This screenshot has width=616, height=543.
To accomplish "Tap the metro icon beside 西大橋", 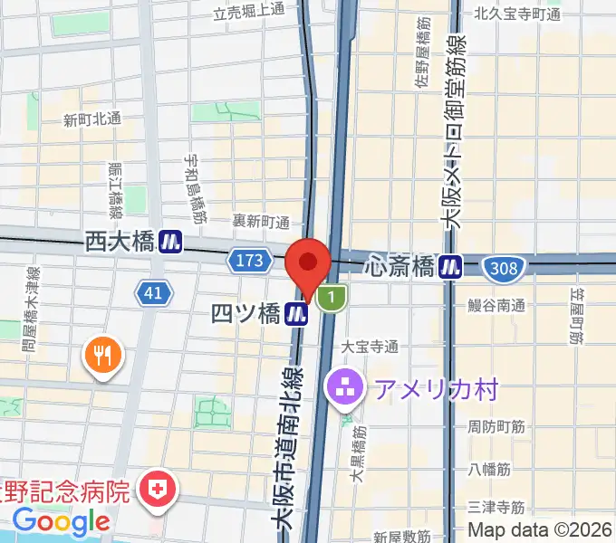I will [x=169, y=242].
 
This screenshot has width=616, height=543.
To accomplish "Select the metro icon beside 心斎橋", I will [x=450, y=266].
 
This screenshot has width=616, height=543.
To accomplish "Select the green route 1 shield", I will [x=333, y=297].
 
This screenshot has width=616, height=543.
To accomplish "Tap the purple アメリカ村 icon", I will [x=345, y=390].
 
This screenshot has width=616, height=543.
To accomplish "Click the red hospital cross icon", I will [x=159, y=490].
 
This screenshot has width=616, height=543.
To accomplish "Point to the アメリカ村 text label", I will [x=437, y=390].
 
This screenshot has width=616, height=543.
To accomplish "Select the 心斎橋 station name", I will [x=400, y=266].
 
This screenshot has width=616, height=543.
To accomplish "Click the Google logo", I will [x=61, y=521].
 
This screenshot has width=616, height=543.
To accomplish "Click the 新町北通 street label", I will [x=91, y=119].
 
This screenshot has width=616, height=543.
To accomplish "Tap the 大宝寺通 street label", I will [x=370, y=347].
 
